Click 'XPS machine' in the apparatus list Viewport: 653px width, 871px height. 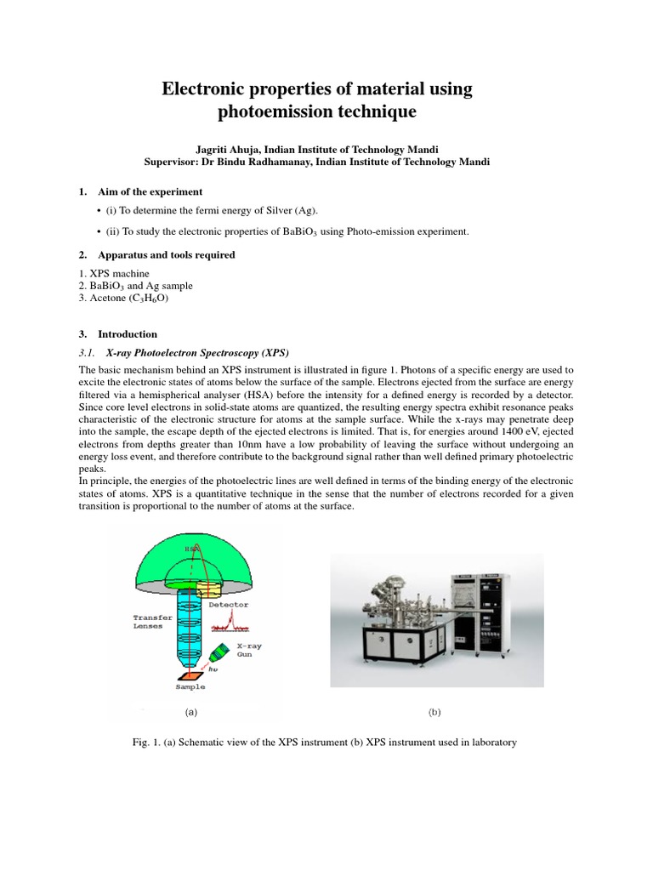click(106, 274)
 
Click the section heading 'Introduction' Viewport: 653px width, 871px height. click(128, 334)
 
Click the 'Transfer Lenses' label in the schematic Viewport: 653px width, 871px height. click(153, 623)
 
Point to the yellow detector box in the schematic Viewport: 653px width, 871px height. click(209, 588)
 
